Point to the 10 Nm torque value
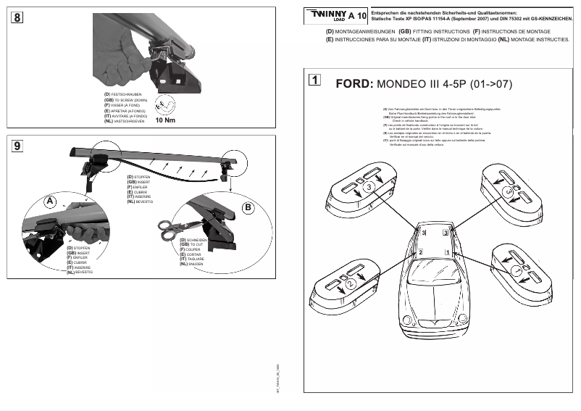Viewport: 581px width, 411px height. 166,121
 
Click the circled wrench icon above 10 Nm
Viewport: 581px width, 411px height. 166,105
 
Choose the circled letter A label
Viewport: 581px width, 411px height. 49,202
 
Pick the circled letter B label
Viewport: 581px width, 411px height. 247,207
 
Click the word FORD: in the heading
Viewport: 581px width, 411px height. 354,84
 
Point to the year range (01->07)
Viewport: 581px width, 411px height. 490,84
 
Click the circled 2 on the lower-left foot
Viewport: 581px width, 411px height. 350,285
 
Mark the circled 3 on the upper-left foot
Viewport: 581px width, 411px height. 369,187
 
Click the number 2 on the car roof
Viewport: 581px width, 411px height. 420,252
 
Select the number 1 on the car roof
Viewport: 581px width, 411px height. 447,252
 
